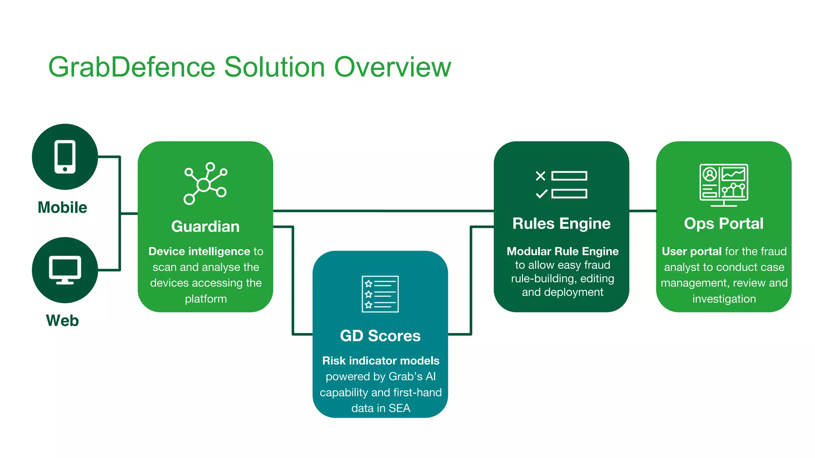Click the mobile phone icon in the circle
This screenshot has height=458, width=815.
(65, 157)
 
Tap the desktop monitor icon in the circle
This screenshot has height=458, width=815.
(65, 270)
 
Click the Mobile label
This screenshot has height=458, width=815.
(62, 208)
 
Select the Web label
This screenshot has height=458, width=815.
(62, 320)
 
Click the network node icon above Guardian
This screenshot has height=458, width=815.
(205, 184)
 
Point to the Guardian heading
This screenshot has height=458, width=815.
(205, 227)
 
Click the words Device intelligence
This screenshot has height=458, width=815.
(199, 251)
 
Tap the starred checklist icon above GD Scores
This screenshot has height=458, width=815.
(380, 294)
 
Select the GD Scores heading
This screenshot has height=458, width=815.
(380, 336)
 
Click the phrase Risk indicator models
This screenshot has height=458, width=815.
(380, 361)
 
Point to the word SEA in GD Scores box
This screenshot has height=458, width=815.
(399, 408)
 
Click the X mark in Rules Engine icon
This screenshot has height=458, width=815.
(540, 176)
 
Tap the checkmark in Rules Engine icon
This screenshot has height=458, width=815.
(541, 194)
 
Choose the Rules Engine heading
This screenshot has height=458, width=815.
(561, 223)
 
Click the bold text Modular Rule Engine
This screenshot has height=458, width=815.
(562, 251)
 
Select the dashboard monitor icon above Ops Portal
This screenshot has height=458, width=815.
(723, 185)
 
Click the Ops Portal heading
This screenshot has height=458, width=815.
(723, 223)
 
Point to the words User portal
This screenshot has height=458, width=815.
(691, 251)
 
